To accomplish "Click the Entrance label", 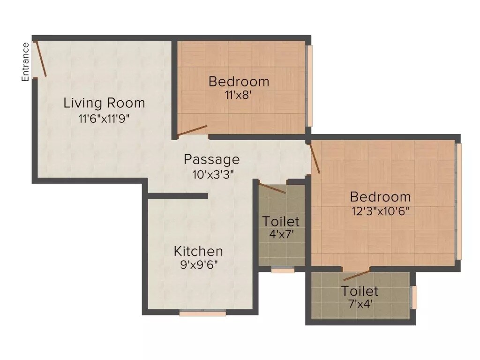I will (x=25, y=62).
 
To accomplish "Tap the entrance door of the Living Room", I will (x=41, y=59).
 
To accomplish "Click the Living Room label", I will (x=104, y=103).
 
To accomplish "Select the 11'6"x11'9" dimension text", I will (x=104, y=118).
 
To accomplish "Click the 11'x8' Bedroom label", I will (x=239, y=82).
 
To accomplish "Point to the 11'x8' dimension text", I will (x=239, y=95).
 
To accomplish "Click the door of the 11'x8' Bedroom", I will (x=193, y=130).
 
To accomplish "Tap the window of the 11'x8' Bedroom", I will (x=309, y=85).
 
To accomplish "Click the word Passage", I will (x=211, y=159).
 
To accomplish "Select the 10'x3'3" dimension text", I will (x=212, y=174).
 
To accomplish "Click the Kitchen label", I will (x=198, y=251).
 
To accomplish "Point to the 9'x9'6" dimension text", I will (x=198, y=265).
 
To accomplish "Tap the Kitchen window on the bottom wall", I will (x=202, y=313).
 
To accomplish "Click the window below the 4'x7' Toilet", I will (x=283, y=270).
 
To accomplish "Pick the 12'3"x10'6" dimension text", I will (x=381, y=211).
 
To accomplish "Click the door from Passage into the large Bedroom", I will (x=315, y=158).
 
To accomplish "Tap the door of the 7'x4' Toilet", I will (x=356, y=275).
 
